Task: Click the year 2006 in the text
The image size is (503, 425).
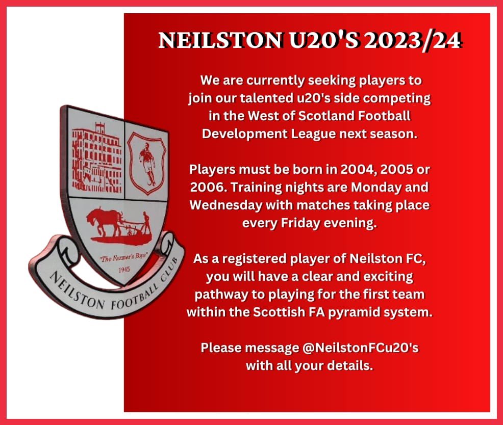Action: tap(206, 188)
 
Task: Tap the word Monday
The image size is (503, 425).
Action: tap(385, 188)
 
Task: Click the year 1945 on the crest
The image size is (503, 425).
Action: tap(119, 269)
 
